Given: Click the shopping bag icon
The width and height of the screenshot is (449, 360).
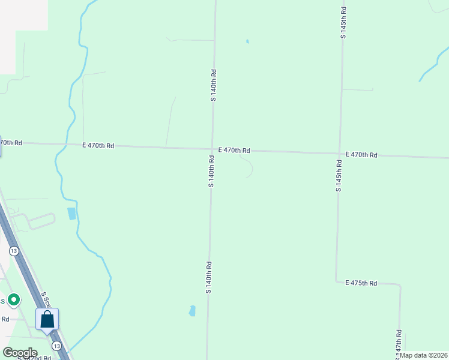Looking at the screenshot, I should [47, 319].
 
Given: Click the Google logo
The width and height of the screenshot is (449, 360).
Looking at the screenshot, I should [20, 353].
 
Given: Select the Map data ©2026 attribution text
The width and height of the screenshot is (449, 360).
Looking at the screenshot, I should [424, 355].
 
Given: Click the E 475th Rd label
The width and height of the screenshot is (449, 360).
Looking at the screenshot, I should [361, 283].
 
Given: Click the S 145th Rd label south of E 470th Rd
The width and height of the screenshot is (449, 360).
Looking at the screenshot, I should [339, 176].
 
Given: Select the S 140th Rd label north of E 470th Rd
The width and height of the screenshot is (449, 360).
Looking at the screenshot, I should [214, 85].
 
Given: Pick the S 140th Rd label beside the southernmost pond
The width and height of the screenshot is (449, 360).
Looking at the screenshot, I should [209, 277].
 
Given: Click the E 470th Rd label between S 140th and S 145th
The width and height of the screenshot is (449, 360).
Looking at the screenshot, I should [234, 150].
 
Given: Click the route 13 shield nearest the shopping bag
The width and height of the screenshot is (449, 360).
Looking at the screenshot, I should [56, 346].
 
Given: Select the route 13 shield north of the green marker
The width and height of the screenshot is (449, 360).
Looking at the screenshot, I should [14, 250].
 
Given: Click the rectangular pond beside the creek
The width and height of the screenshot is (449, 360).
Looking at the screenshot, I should [72, 213].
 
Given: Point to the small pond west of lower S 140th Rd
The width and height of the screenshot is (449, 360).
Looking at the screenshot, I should [192, 311].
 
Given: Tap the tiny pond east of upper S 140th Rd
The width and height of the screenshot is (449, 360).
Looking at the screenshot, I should [247, 41].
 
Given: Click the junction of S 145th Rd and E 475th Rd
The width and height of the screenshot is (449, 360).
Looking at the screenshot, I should [336, 281].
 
